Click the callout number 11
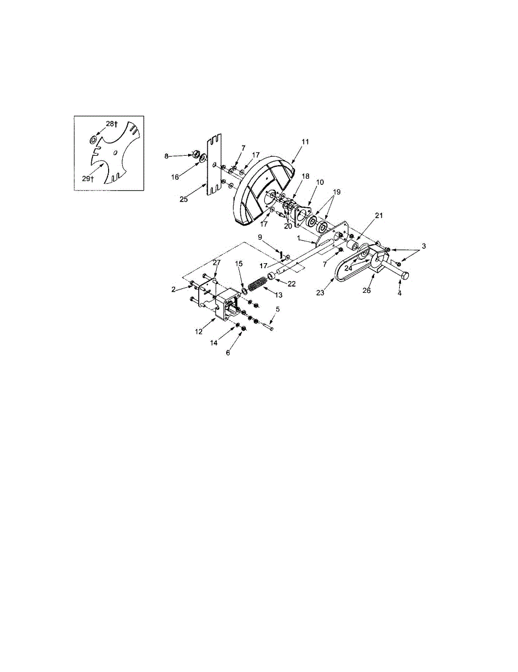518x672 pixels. (305, 142)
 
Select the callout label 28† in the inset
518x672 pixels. (111, 123)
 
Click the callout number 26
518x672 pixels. (367, 291)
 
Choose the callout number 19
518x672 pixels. (336, 191)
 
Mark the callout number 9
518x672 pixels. (260, 237)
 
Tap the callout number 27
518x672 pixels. (216, 262)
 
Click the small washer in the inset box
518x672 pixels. (94, 138)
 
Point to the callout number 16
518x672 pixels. (175, 176)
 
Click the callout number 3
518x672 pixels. (423, 246)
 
